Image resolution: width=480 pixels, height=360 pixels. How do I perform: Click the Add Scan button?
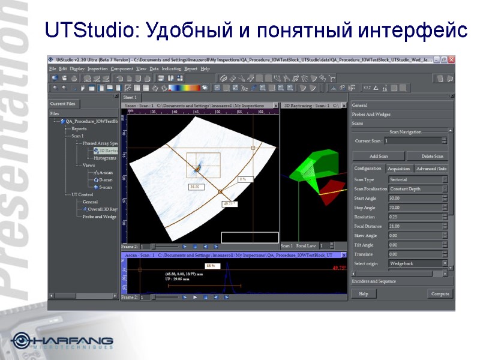tap(378, 156)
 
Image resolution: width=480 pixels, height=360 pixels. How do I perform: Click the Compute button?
tap(439, 293)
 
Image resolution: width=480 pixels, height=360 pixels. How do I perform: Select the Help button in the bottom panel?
tap(363, 293)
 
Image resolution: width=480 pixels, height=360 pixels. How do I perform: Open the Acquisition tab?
tap(398, 169)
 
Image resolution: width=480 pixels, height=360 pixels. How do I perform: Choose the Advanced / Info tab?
tap(431, 169)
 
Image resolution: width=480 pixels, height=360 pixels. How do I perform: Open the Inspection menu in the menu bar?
tap(98, 69)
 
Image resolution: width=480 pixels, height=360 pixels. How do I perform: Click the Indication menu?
tap(172, 69)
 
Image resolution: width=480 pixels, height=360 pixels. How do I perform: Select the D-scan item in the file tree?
tap(105, 179)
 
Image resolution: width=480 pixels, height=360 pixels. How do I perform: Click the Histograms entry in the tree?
tap(105, 158)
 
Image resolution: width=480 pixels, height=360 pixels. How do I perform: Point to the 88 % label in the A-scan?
tap(210, 265)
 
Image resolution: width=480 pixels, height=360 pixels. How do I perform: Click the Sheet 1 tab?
tap(130, 97)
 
